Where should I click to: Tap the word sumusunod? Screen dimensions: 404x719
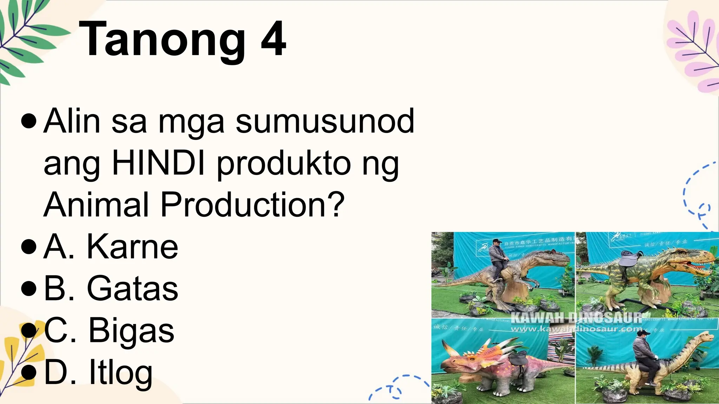tap(325, 121)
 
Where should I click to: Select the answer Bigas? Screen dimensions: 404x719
tap(131, 331)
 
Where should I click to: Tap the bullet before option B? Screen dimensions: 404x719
tap(29, 289)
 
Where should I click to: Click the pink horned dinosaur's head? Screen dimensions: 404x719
tap(456, 361)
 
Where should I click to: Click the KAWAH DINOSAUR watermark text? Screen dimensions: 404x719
tap(576, 318)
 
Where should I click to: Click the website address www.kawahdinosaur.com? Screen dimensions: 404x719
tap(576, 329)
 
